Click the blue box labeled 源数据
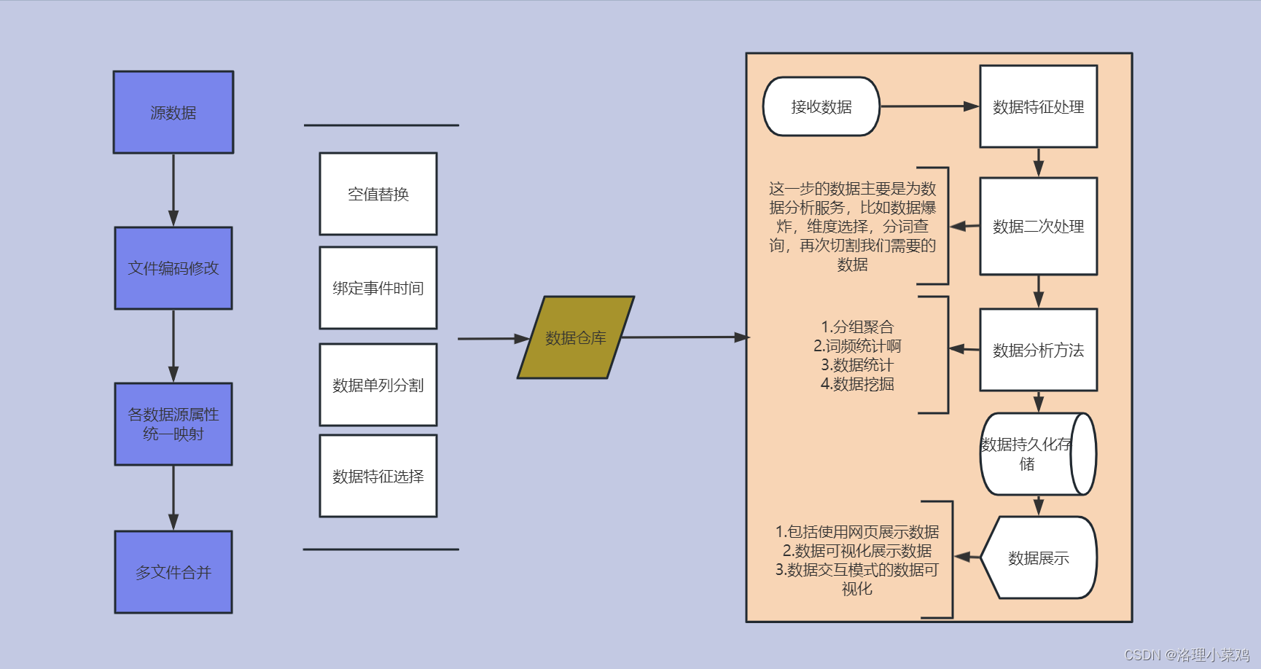[x=173, y=112]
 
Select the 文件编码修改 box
[x=173, y=268]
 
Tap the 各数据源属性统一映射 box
[x=173, y=424]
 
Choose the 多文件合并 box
[x=173, y=572]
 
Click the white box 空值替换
[x=378, y=194]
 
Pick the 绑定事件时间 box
[x=378, y=288]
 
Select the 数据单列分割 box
[x=378, y=385]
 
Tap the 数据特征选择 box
[x=378, y=476]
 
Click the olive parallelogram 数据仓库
[x=576, y=337]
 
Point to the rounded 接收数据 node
[x=821, y=106]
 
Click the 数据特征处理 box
[x=1039, y=106]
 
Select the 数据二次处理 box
[x=1039, y=227]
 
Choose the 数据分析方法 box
[x=1039, y=350]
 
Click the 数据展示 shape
[x=1039, y=558]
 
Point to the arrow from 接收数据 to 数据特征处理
[x=929, y=106]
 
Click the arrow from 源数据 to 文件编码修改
[x=173, y=189]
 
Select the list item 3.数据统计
[x=857, y=365]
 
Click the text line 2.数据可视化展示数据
[x=857, y=551]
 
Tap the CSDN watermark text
[x=1187, y=654]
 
